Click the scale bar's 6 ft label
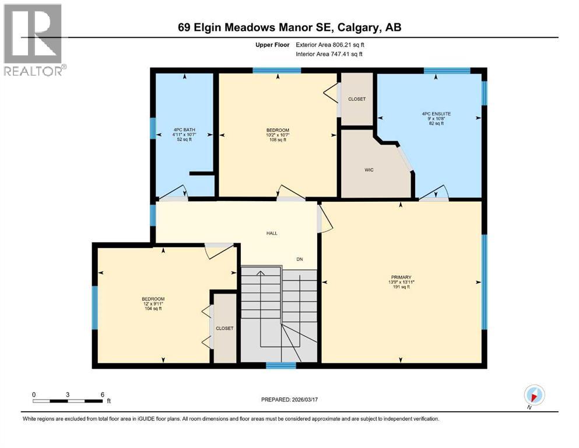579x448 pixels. click(x=102, y=394)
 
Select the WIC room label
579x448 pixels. click(x=369, y=170)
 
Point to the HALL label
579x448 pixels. click(x=272, y=233)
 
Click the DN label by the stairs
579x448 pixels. click(x=300, y=260)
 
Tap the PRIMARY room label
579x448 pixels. click(x=401, y=277)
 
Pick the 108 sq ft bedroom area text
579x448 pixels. click(x=277, y=141)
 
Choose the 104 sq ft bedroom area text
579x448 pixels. click(x=152, y=309)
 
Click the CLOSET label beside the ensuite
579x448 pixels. click(x=356, y=99)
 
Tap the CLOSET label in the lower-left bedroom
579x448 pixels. click(x=224, y=328)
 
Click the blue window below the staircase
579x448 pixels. click(x=281, y=366)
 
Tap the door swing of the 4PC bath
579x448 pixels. click(x=174, y=194)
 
